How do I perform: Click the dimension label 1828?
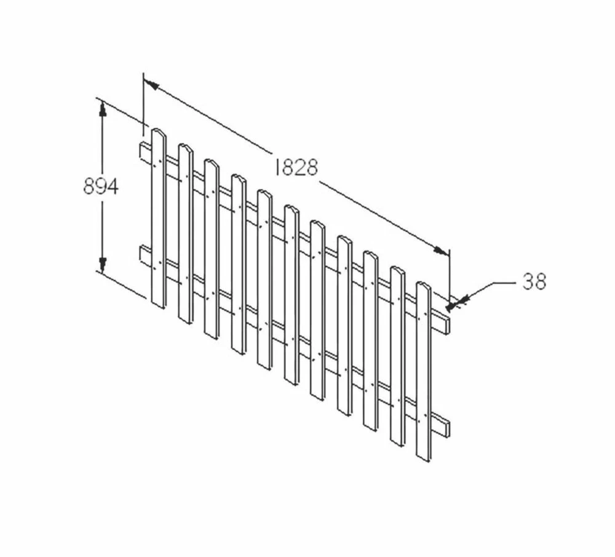[296, 167]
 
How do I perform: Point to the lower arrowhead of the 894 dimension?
[102, 264]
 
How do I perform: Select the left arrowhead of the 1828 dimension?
[151, 84]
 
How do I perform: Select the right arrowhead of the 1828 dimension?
[441, 250]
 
